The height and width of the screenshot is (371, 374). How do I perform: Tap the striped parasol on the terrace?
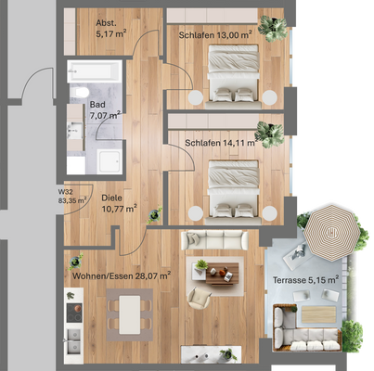326,231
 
